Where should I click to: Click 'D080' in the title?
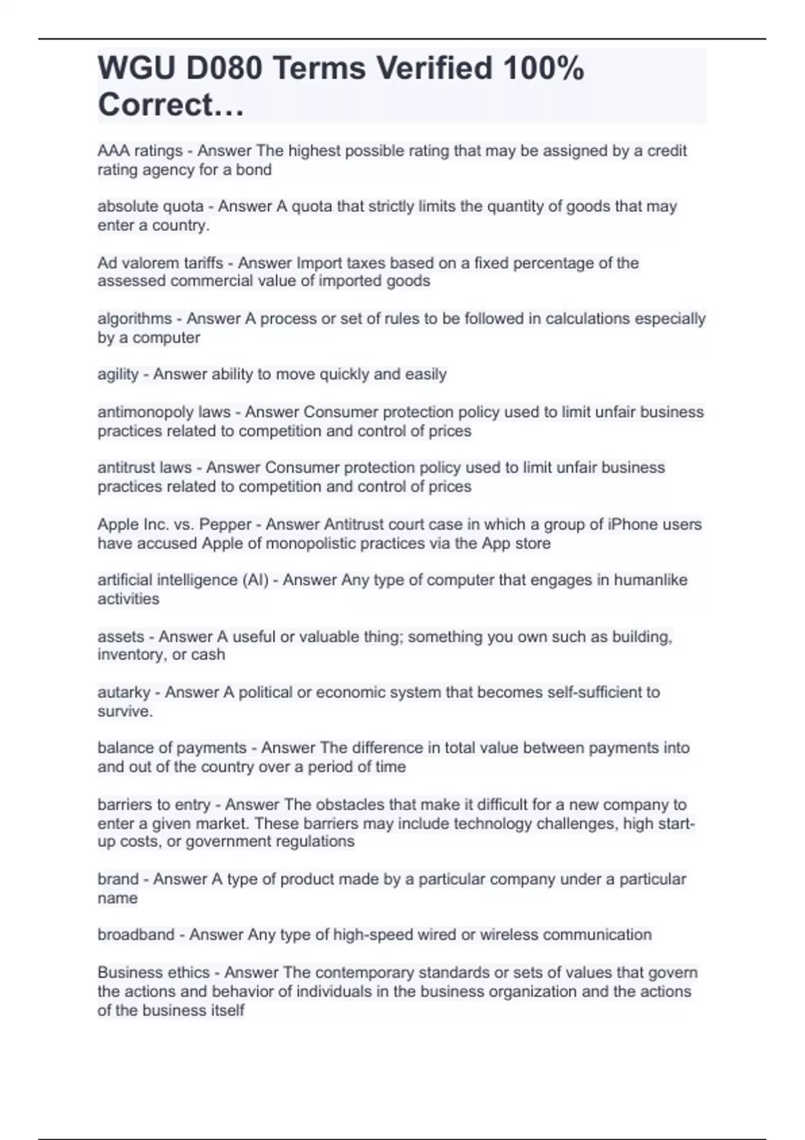(224, 68)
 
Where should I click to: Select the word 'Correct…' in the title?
(171, 105)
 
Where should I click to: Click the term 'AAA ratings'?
(140, 151)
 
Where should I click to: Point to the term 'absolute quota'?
(150, 207)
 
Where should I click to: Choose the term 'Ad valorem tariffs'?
(160, 263)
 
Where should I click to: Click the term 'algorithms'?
(134, 319)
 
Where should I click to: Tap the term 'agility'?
(118, 374)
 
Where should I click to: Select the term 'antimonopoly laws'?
(164, 412)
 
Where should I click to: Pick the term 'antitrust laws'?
(144, 467)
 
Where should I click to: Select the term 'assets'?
(121, 636)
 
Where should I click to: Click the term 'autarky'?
(123, 692)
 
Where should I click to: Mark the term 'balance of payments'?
(172, 748)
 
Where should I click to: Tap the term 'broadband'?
(136, 935)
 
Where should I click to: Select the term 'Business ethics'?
(153, 972)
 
